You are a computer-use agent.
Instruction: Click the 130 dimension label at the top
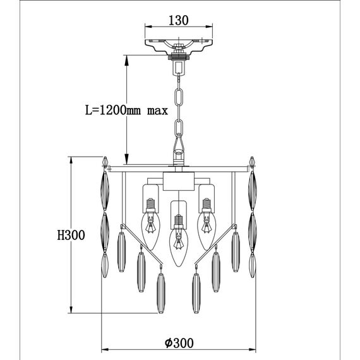point(179,20)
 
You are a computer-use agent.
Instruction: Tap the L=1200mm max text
point(126,110)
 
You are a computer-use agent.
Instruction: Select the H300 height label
point(71,235)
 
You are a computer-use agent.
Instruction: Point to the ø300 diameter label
point(179,343)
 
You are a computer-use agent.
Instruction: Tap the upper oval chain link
point(179,97)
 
